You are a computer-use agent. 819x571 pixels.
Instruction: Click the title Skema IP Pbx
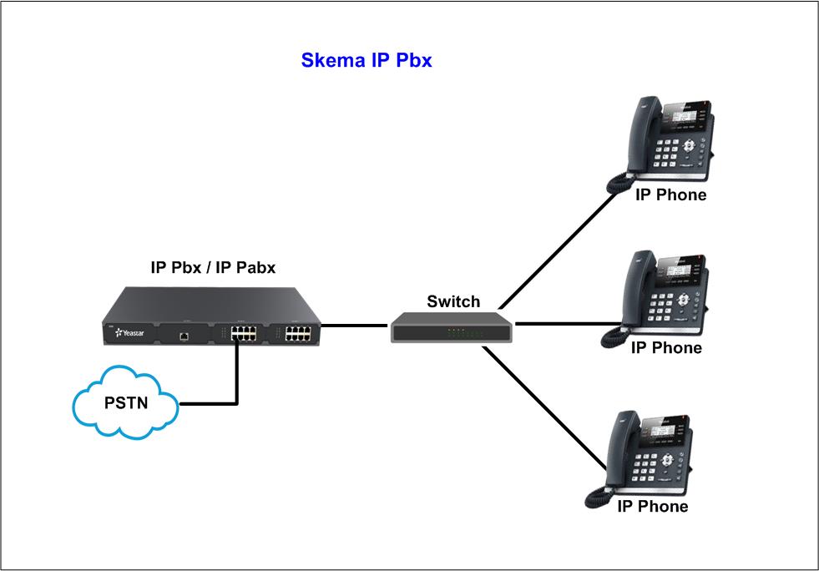[x=366, y=61]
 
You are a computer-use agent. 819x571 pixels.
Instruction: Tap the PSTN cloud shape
[x=126, y=403]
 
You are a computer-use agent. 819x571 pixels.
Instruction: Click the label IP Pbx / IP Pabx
[x=213, y=268]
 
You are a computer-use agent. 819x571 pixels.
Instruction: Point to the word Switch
[x=453, y=301]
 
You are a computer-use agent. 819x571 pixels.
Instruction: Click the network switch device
[x=452, y=326]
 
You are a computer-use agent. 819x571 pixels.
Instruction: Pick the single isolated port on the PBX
[x=184, y=336]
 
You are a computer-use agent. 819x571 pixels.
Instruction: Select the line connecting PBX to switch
[x=355, y=324]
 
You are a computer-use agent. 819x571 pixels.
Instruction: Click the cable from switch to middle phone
[x=568, y=323]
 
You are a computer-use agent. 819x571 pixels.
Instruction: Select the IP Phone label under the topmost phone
[x=670, y=195]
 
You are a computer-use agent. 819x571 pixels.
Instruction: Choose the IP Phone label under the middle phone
[x=665, y=348]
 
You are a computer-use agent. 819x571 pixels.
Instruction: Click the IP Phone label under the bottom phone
[x=652, y=507]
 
